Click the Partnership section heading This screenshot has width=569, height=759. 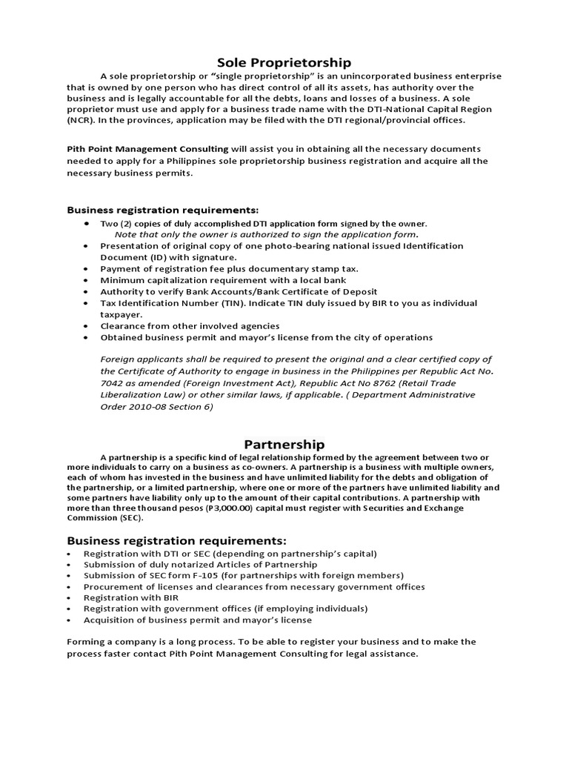tap(285, 445)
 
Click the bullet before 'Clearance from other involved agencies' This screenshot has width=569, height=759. tap(87, 326)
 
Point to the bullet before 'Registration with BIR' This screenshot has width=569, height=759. tap(69, 597)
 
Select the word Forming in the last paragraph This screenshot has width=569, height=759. tap(88, 641)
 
